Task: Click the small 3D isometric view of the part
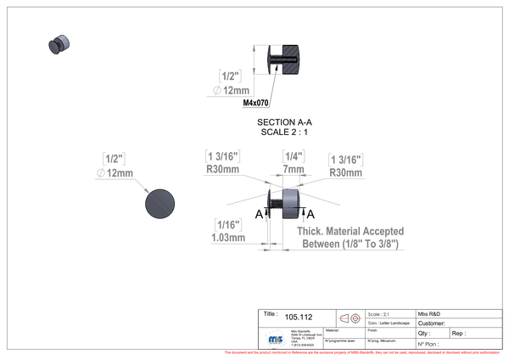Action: click(59, 44)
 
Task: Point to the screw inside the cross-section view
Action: click(277, 60)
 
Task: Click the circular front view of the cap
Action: click(160, 203)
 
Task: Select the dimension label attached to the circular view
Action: click(114, 166)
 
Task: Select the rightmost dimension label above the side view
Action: click(345, 164)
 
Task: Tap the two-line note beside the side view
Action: click(350, 238)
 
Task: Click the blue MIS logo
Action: click(274, 338)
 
